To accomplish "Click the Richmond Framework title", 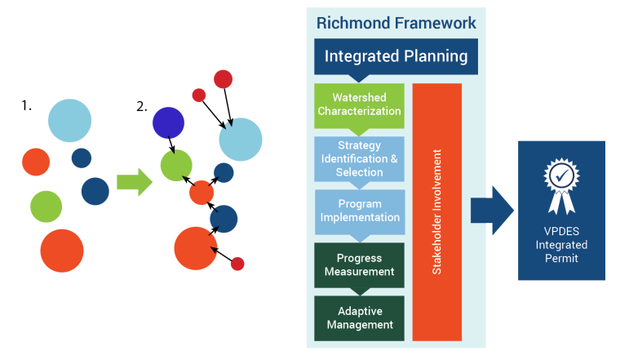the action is (x=396, y=23).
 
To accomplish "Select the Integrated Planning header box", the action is (x=396, y=56).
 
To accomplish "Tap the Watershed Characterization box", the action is (x=359, y=106).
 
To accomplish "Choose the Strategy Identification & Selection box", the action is (x=359, y=159).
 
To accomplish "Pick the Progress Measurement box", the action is (x=359, y=265).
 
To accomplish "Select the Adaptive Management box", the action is (x=359, y=318).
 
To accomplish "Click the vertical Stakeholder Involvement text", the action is (x=436, y=212).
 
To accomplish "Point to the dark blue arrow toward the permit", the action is (x=492, y=211).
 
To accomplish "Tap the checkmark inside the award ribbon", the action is (x=561, y=175).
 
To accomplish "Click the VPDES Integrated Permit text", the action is (x=561, y=244).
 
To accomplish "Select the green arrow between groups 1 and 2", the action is (x=135, y=182).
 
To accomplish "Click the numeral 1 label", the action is (x=26, y=105).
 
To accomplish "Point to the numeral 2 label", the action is (x=142, y=106).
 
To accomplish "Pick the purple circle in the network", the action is (x=169, y=122).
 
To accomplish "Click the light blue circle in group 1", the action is (x=70, y=120).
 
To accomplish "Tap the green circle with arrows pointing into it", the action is (x=176, y=166).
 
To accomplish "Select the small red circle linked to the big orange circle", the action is (x=237, y=264).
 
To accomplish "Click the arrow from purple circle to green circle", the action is (x=171, y=144).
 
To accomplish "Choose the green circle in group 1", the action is (x=47, y=207).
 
